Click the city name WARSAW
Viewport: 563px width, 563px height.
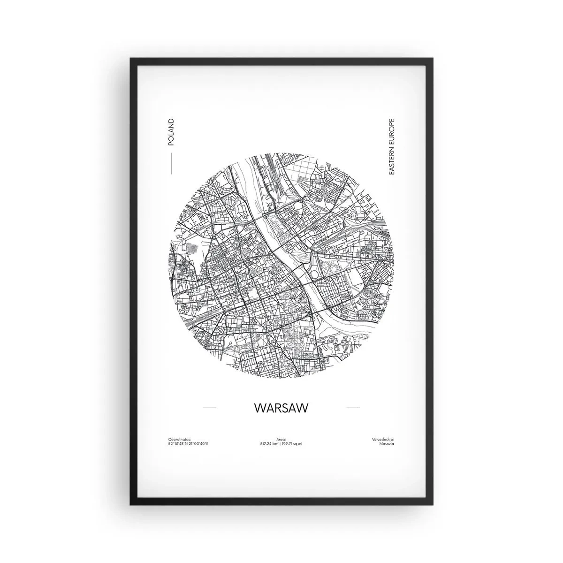[281, 408]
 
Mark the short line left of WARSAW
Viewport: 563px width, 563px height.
[209, 408]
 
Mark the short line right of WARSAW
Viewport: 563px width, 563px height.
[353, 408]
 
